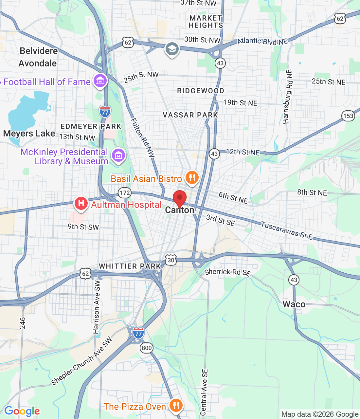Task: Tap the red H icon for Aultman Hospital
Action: (81, 203)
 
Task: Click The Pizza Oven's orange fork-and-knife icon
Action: (176, 406)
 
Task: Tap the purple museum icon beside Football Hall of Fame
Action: (100, 81)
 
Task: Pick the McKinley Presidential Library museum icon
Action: (118, 155)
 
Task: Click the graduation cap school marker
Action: (172, 49)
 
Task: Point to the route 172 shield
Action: (125, 193)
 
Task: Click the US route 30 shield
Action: (171, 260)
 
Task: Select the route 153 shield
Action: (348, 116)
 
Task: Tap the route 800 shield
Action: (147, 348)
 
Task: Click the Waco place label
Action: (294, 304)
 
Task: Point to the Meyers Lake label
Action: (29, 134)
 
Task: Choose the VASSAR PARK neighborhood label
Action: (190, 115)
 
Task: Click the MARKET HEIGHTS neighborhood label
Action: (206, 22)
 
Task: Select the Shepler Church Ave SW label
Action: (81, 361)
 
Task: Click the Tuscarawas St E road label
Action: (287, 230)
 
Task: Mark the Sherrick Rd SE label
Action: (227, 272)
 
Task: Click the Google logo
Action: (22, 411)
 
